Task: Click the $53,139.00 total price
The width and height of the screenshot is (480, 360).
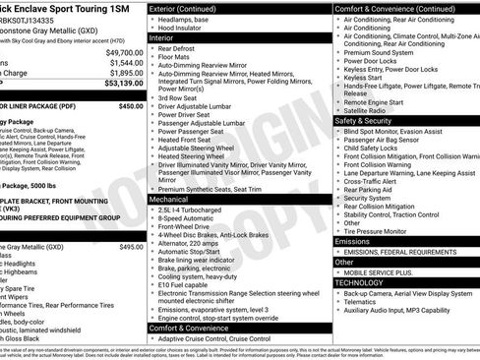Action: coord(119,84)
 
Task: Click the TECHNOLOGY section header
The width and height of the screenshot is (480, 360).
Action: coord(365,281)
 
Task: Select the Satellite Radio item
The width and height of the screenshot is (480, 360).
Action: coord(365,110)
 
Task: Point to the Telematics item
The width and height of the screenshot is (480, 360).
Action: coord(363,302)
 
